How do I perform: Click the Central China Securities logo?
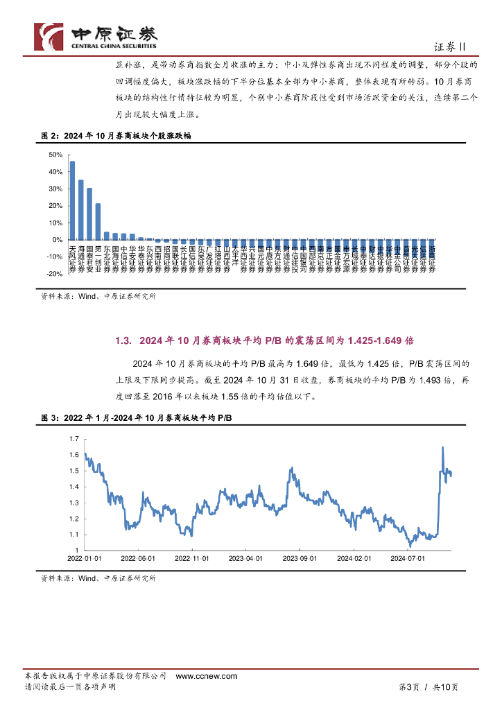pos(96,35)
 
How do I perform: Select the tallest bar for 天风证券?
pos(72,200)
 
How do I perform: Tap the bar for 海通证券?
pos(80,209)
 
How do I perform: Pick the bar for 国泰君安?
pos(89,214)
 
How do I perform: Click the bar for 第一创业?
pos(98,221)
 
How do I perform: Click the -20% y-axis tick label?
pos(53,274)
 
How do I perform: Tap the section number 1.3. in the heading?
pos(123,340)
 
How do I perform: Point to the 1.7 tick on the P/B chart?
pos(73,439)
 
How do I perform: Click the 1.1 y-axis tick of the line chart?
pos(73,535)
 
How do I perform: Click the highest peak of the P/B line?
pos(442,448)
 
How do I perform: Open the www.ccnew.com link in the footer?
pos(206,676)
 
